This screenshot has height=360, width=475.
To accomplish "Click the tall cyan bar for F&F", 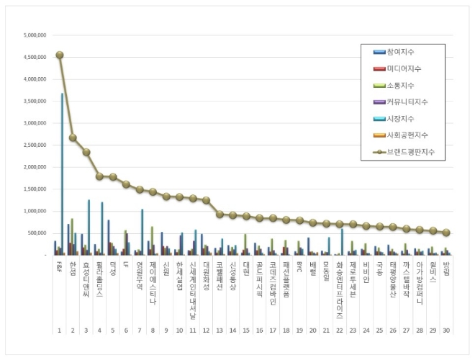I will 63,173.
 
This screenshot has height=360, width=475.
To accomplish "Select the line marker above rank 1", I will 60,55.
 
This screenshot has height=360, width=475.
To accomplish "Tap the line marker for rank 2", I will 73,138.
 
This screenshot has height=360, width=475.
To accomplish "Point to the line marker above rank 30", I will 445,233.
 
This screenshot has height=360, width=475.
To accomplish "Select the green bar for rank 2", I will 72,236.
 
